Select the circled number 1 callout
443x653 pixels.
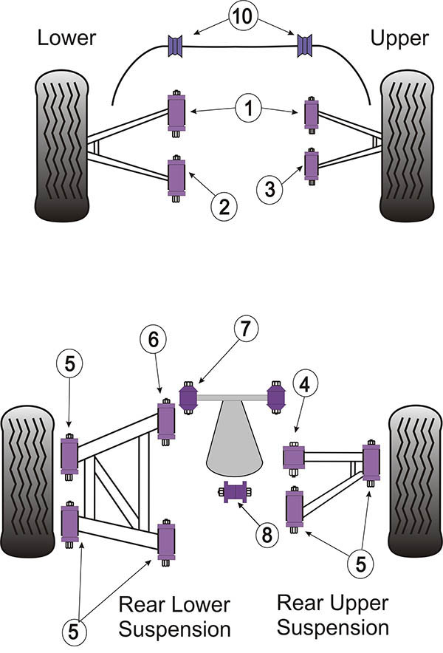(249, 110)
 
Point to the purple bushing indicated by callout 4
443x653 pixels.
(294, 457)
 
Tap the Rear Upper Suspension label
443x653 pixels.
(332, 615)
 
